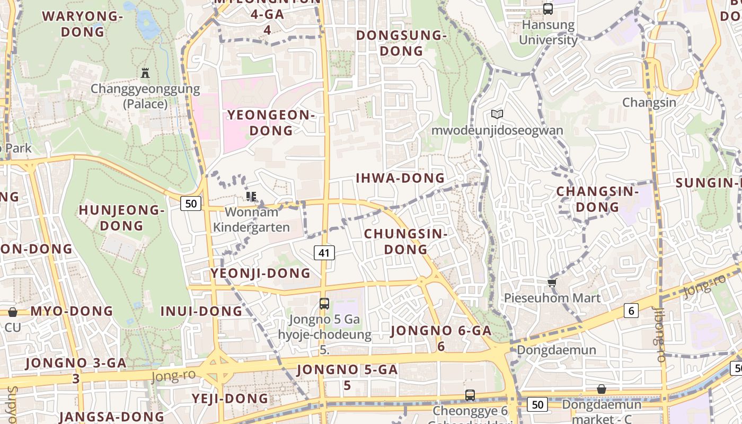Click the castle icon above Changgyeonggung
tap(145, 73)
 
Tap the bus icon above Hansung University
tap(548, 9)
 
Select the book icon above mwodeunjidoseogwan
tap(497, 114)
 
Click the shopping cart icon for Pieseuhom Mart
tap(552, 282)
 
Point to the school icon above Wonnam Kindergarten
tap(251, 197)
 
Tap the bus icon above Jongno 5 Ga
tap(324, 304)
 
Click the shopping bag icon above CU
tap(12, 312)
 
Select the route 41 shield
tap(324, 253)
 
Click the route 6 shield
tap(631, 311)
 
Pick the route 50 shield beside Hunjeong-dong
tap(191, 203)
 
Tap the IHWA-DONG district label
tap(400, 178)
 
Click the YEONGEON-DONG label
tap(271, 122)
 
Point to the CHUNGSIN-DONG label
tap(406, 241)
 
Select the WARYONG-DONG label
tap(83, 24)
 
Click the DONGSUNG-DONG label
tap(402, 43)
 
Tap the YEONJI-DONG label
tap(261, 273)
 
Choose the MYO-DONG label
tap(72, 311)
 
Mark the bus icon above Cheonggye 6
tap(470, 395)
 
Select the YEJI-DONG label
tap(230, 399)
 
